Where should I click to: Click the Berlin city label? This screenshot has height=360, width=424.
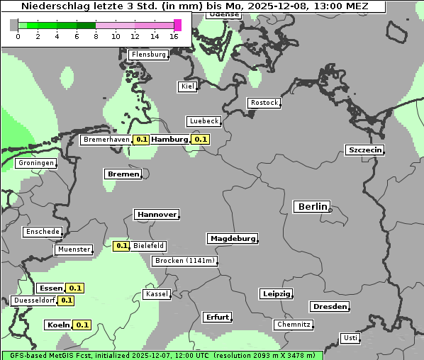click(311, 207)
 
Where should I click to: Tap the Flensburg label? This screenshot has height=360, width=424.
click(148, 55)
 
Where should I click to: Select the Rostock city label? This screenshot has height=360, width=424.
click(264, 103)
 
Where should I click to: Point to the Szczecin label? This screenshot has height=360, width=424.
click(364, 150)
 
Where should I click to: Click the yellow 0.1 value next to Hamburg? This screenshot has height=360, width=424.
click(201, 140)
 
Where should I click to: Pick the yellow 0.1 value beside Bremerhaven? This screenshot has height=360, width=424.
click(141, 140)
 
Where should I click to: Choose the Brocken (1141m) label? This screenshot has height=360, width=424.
click(184, 261)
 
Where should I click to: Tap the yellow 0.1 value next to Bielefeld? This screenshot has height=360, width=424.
click(121, 246)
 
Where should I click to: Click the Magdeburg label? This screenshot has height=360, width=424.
click(232, 239)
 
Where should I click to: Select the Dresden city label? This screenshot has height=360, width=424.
click(329, 307)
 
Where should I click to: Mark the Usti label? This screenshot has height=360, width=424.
click(350, 338)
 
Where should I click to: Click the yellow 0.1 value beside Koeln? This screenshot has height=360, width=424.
click(82, 325)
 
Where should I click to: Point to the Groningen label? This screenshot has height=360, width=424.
click(35, 163)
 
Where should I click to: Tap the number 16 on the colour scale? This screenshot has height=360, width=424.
click(174, 36)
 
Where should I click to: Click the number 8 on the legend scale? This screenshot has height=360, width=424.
click(96, 36)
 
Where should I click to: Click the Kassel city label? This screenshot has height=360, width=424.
click(156, 294)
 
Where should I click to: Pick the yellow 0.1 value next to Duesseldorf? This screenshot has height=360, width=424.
click(66, 300)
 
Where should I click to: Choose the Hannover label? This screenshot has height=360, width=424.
click(156, 215)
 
